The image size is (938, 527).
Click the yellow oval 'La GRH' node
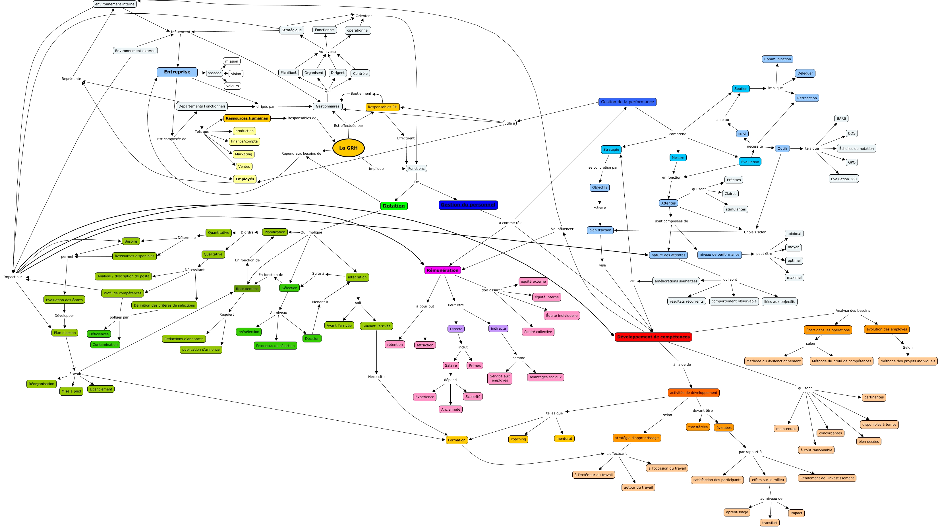pyautogui.click(x=349, y=148)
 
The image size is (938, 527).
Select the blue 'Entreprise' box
pyautogui.click(x=177, y=72)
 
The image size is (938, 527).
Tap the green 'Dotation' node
pyautogui.click(x=394, y=206)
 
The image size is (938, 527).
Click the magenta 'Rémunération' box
pyautogui.click(x=442, y=270)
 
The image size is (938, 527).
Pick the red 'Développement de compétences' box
pyautogui.click(x=653, y=337)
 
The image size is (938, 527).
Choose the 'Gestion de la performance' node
pyautogui.click(x=627, y=102)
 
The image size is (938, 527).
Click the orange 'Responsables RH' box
pyautogui.click(x=382, y=107)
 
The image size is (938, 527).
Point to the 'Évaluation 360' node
pyautogui.click(x=844, y=179)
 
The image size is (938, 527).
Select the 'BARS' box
pyautogui.click(x=841, y=118)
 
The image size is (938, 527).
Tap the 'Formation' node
pyautogui.click(x=457, y=440)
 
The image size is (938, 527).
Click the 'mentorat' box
pyautogui.click(x=564, y=439)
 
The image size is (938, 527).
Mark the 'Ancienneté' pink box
pyautogui.click(x=450, y=409)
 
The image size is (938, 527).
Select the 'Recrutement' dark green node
pyautogui.click(x=247, y=289)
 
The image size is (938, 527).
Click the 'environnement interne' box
pyautogui.click(x=115, y=4)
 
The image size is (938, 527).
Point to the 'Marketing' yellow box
pyautogui.click(x=243, y=154)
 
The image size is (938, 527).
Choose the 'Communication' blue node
pyautogui.click(x=777, y=59)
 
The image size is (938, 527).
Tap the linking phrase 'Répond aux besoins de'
pyautogui.click(x=301, y=153)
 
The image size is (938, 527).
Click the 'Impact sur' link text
pyautogui.click(x=13, y=277)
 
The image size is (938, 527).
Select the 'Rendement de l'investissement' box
pyautogui.click(x=827, y=478)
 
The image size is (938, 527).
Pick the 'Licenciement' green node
pyautogui.click(x=101, y=389)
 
